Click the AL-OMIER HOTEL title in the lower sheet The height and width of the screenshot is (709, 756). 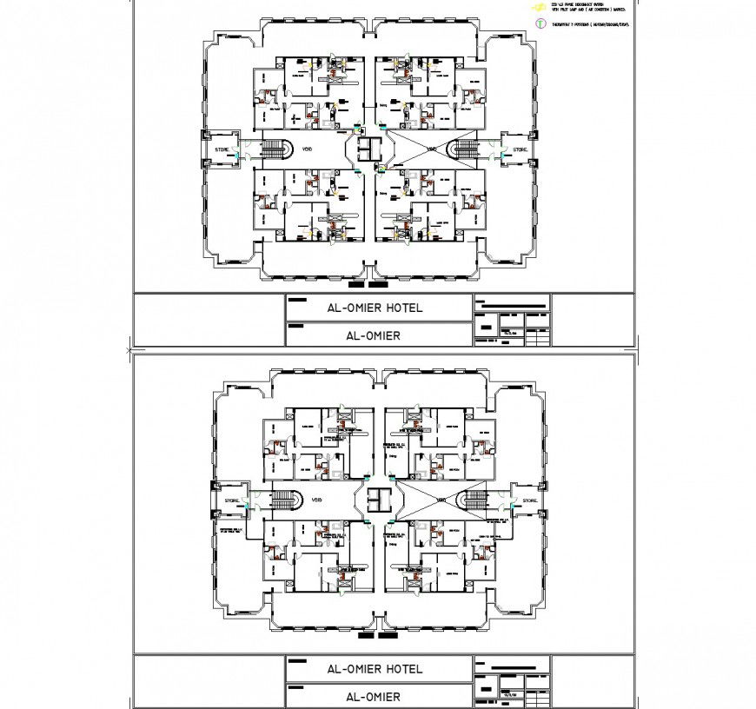374,669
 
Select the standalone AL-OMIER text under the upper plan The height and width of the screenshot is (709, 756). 373,335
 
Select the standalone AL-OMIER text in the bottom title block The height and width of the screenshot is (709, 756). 373,697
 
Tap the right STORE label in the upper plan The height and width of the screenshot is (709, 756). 520,150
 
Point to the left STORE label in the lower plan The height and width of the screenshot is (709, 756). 231,501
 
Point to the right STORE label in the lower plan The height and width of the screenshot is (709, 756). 529,501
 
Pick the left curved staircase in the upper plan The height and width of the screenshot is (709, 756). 278,149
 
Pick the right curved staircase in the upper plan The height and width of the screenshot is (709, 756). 468,149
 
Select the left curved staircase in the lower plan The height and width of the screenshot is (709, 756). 285,500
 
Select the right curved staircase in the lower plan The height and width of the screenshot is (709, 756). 476,500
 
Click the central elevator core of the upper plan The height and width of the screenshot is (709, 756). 371,148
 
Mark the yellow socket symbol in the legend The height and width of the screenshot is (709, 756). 539,7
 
